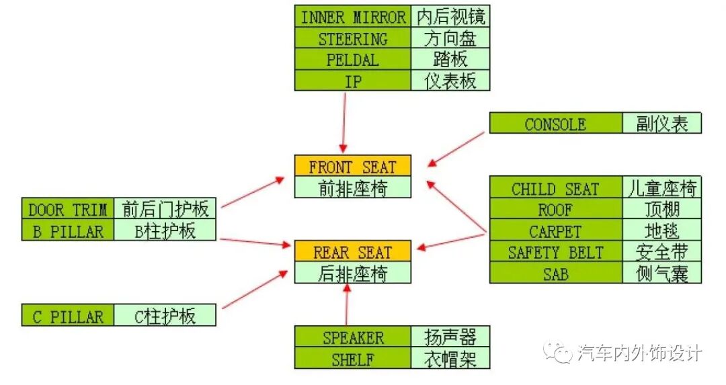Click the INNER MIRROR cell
click(353, 17)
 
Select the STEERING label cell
click(353, 38)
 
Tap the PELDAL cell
click(353, 59)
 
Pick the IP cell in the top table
click(353, 81)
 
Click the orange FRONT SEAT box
click(353, 166)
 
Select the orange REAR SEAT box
click(353, 252)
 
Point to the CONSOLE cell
click(555, 124)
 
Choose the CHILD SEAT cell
click(555, 188)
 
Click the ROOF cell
click(555, 210)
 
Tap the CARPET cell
click(555, 231)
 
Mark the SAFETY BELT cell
click(555, 253)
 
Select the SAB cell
click(555, 273)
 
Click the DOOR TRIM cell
click(68, 209)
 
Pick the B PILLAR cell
click(68, 230)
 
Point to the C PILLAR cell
click(68, 316)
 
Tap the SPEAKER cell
click(353, 337)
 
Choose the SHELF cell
click(353, 359)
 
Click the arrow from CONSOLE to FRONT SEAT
click(456, 148)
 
